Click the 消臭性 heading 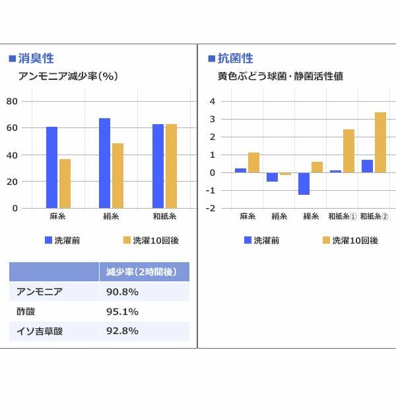[x=36, y=59]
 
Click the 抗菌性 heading [x=235, y=59]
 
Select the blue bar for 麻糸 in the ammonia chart [x=51, y=167]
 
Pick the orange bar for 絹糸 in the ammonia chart [x=117, y=176]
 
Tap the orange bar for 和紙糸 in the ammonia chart [x=171, y=166]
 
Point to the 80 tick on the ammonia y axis [x=12, y=101]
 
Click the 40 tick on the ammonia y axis [x=12, y=155]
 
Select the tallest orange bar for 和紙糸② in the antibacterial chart [x=380, y=143]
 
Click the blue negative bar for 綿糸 [x=304, y=184]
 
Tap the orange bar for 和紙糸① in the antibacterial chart [x=348, y=151]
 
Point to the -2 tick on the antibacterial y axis [x=211, y=208]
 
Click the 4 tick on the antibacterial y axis [x=212, y=101]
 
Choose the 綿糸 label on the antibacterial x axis [x=311, y=217]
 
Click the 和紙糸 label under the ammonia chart [x=164, y=217]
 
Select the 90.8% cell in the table [x=122, y=291]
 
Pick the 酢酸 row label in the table [x=27, y=311]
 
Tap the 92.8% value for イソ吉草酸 [x=122, y=331]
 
